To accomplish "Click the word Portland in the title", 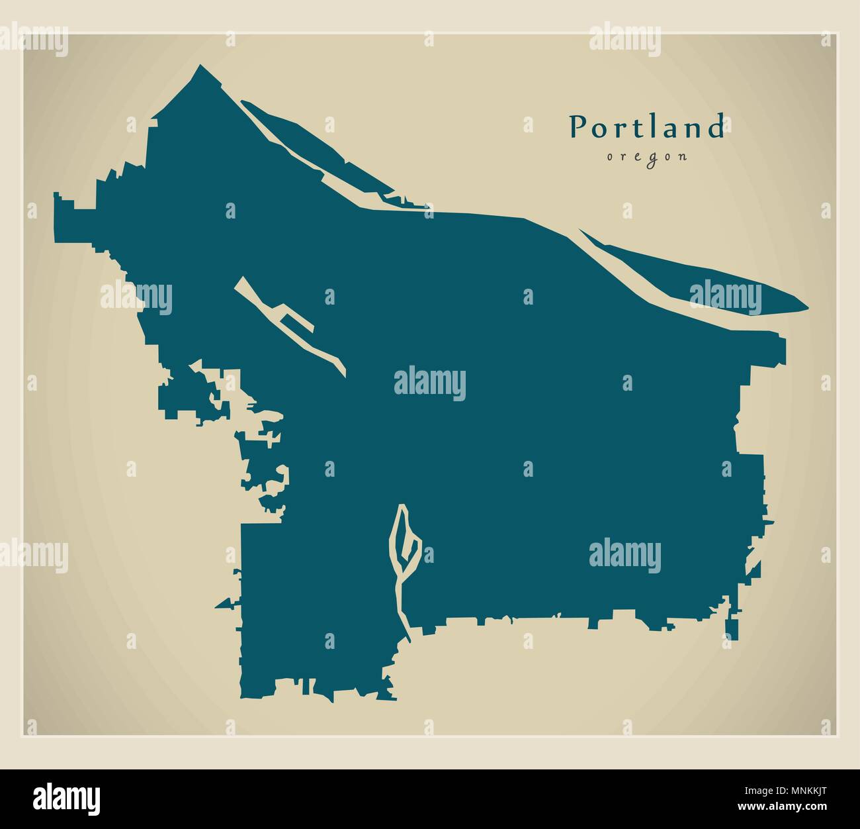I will [x=647, y=127].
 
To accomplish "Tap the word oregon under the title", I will [x=646, y=157].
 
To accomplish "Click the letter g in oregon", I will [x=646, y=158].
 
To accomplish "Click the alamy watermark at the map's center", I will [x=430, y=384].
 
